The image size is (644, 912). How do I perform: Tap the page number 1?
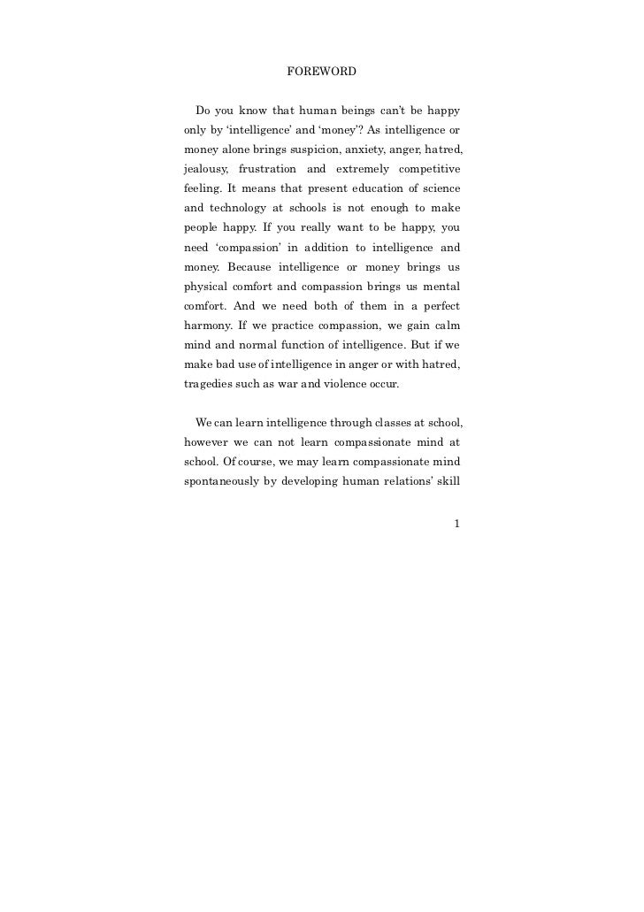coord(456,524)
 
